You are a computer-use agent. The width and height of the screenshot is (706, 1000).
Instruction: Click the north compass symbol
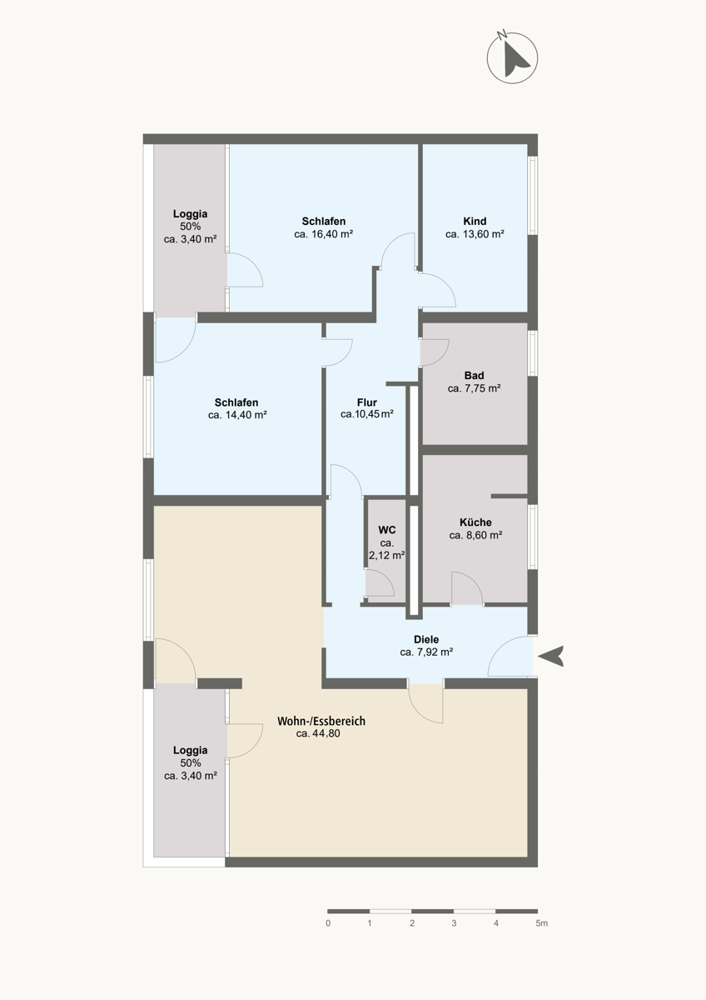pyautogui.click(x=512, y=57)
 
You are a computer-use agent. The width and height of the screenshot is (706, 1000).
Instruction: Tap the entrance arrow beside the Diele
pyautogui.click(x=551, y=657)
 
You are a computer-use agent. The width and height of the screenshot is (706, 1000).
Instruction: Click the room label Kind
pyautogui.click(x=475, y=221)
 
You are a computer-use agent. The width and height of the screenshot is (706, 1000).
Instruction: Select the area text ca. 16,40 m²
pyautogui.click(x=323, y=234)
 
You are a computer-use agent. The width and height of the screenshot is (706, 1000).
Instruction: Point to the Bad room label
pyautogui.click(x=474, y=376)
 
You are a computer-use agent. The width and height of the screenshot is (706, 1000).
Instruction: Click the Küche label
pyautogui.click(x=475, y=522)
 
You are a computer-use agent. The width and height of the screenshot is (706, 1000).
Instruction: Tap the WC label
pyautogui.click(x=386, y=530)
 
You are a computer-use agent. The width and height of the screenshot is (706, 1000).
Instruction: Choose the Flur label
pyautogui.click(x=366, y=402)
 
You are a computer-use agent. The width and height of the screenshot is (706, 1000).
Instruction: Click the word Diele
pyautogui.click(x=426, y=640)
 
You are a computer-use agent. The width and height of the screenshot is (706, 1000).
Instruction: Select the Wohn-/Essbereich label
pyautogui.click(x=321, y=721)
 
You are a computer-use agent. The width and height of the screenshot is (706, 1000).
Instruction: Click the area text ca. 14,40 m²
pyautogui.click(x=237, y=415)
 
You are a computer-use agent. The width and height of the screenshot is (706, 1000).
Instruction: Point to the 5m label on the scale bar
pyautogui.click(x=541, y=923)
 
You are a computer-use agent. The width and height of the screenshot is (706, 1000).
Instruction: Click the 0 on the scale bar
pyautogui.click(x=328, y=923)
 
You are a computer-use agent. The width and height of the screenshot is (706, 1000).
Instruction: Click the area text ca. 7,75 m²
pyautogui.click(x=474, y=388)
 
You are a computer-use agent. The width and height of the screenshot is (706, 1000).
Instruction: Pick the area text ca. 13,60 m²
pyautogui.click(x=475, y=234)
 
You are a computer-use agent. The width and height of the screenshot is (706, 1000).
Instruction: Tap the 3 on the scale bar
pyautogui.click(x=454, y=923)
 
